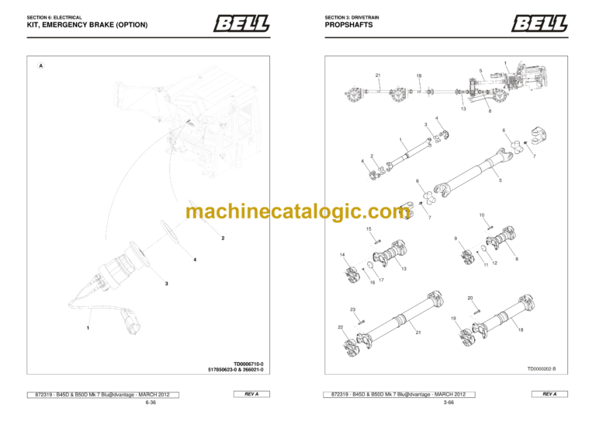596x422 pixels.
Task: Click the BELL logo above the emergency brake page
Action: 241,24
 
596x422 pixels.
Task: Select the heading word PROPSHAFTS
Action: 348,25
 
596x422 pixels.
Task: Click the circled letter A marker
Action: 40,66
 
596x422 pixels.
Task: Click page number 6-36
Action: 149,403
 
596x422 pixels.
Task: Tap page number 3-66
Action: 448,403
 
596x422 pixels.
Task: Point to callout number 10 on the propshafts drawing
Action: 481,214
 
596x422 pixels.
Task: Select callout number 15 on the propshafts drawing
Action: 369,229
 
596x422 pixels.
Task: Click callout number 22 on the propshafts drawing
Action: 341,327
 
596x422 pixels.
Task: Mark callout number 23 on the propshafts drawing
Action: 352,309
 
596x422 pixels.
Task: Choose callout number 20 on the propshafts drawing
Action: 470,298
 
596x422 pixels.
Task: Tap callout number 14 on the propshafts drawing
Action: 342,255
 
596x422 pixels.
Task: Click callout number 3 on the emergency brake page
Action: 166,284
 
